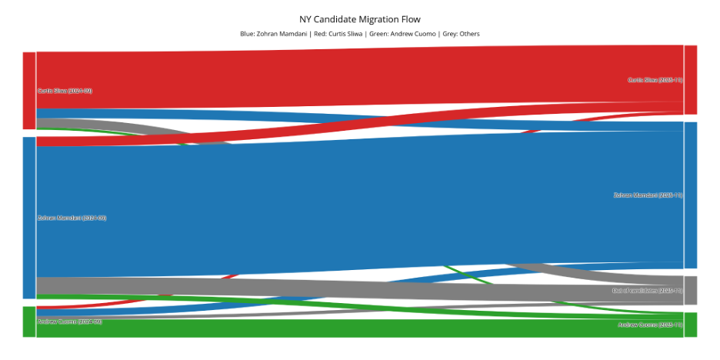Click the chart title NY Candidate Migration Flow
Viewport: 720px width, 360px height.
coord(360,19)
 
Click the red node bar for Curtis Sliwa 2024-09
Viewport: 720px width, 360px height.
coord(29,91)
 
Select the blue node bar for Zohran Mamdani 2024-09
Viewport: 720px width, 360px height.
coord(29,218)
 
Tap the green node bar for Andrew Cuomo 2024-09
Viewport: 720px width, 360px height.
coord(29,322)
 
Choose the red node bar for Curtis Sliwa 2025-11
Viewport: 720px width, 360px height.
coord(690,80)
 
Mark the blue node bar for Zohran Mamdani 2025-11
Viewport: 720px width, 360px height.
coord(690,195)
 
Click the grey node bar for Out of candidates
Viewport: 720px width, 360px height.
coord(690,291)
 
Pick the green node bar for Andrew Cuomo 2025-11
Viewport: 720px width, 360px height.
coord(690,325)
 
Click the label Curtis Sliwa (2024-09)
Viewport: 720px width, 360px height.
coord(65,91)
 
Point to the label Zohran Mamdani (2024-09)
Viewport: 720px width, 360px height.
coord(72,218)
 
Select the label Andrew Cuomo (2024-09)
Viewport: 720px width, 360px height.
coord(70,322)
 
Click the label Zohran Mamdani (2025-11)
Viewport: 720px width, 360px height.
coord(648,195)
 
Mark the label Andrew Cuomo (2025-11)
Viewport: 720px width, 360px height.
coord(651,325)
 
